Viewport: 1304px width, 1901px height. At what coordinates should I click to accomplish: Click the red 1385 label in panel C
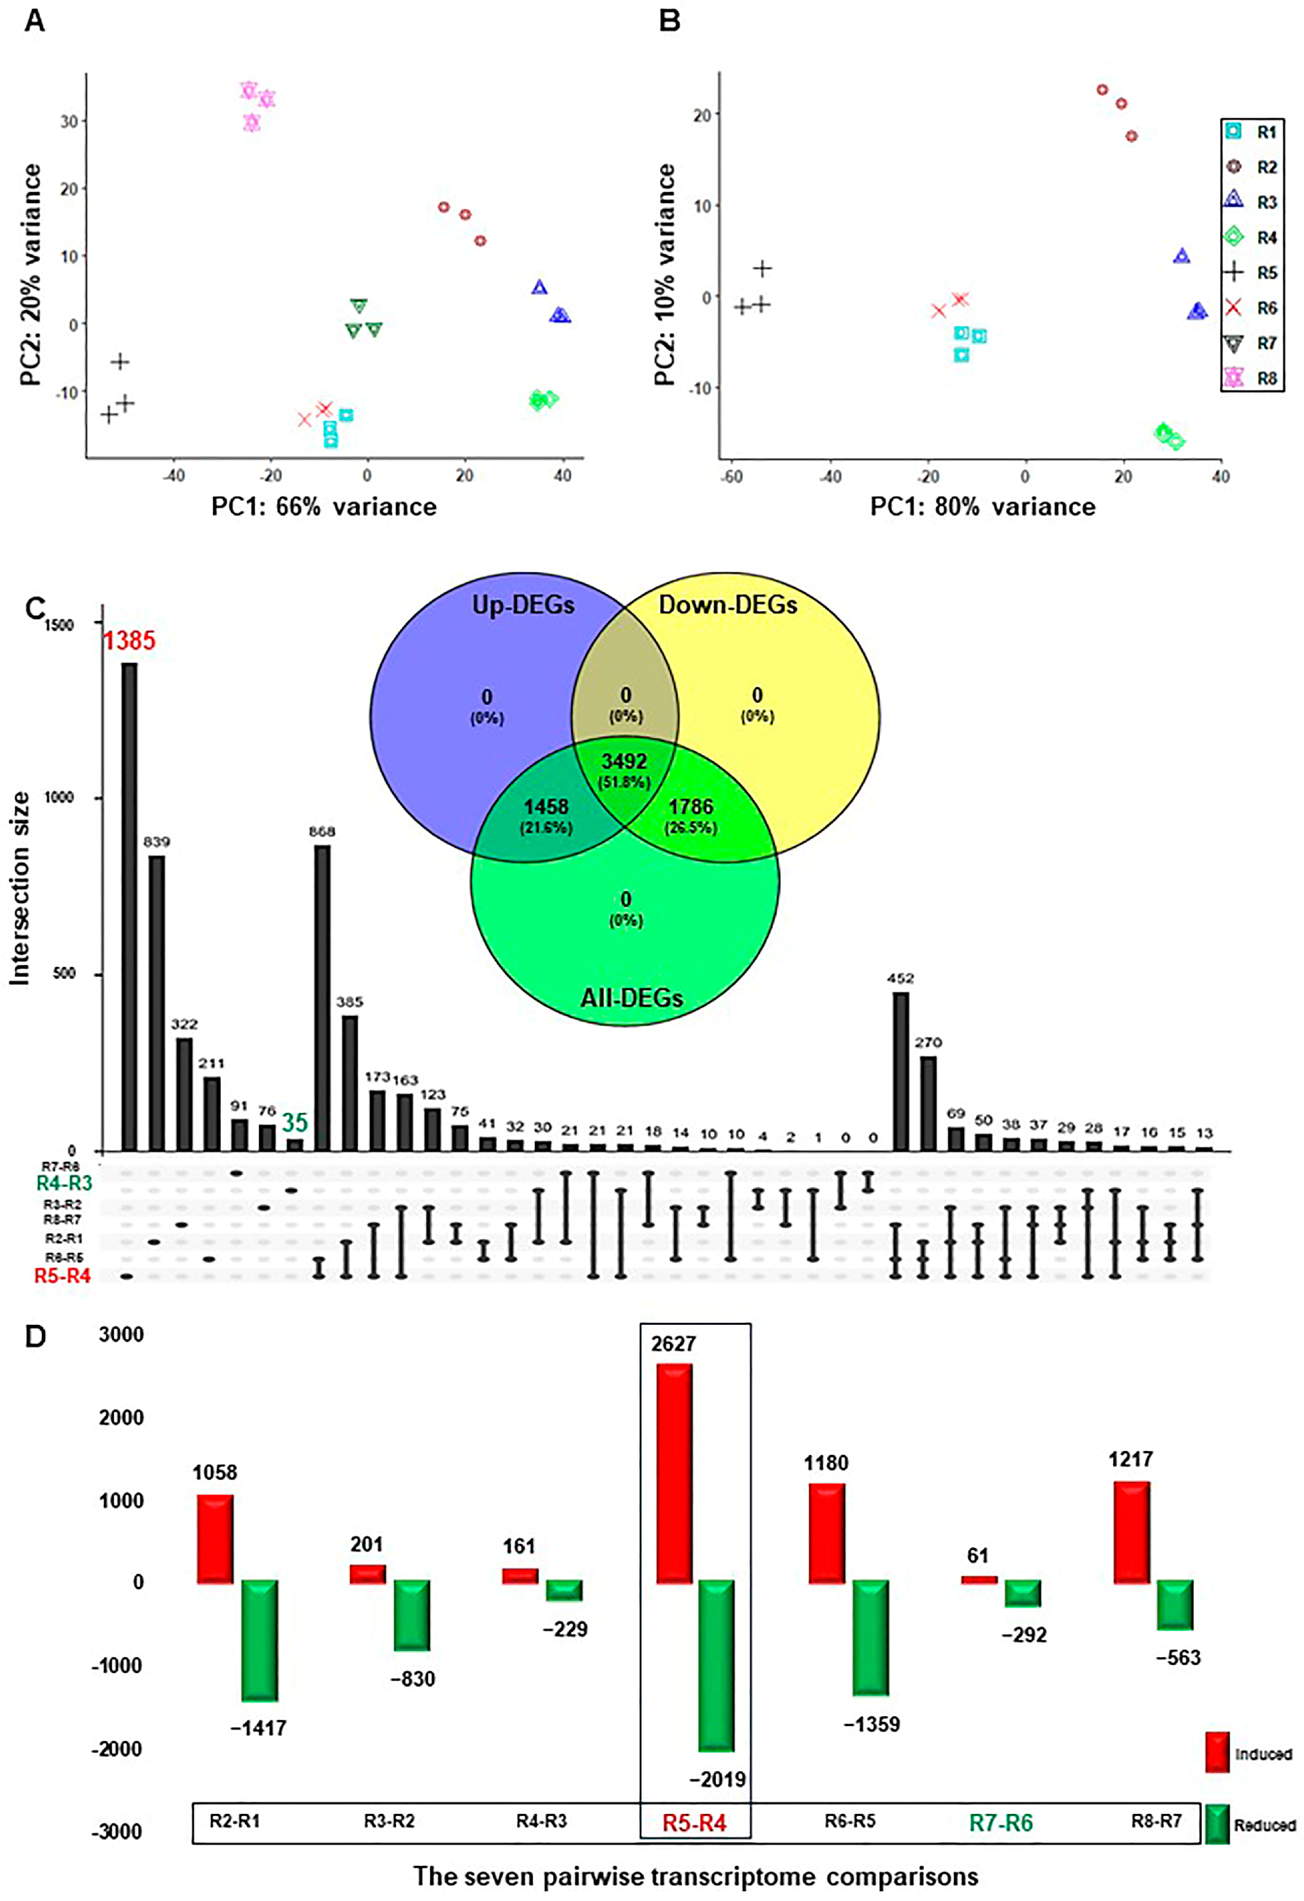[x=128, y=640]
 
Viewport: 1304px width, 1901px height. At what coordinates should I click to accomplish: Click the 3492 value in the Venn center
[x=624, y=761]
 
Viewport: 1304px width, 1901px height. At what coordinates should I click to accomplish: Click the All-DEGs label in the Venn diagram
[x=632, y=998]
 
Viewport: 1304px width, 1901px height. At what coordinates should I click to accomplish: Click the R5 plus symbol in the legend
[x=1235, y=272]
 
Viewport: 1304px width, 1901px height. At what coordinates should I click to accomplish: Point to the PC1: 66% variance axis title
[x=324, y=506]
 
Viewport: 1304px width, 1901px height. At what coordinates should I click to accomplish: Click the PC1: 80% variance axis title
[x=982, y=506]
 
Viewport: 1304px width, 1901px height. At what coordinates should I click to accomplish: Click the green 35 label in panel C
[x=295, y=1122]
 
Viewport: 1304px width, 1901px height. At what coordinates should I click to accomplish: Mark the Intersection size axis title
[x=20, y=888]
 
